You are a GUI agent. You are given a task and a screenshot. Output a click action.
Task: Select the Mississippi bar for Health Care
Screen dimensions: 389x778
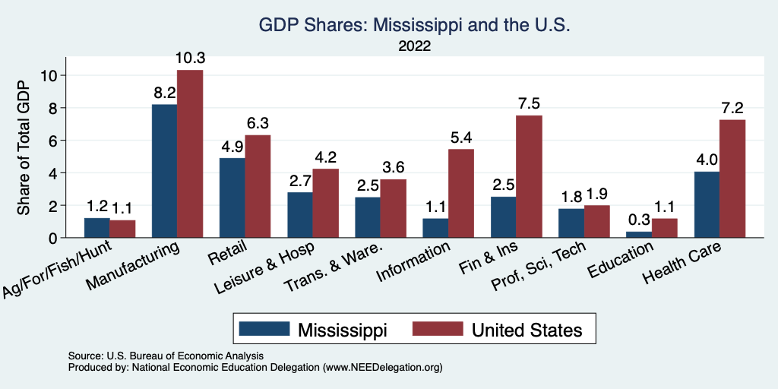(706, 204)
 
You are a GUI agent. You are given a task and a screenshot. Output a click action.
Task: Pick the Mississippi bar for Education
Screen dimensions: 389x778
(638, 235)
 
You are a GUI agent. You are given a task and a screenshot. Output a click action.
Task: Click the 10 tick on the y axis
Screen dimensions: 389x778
(50, 75)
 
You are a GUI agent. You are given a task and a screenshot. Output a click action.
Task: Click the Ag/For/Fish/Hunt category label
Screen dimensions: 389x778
(59, 278)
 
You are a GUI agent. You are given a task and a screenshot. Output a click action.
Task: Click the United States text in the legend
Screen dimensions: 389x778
(527, 330)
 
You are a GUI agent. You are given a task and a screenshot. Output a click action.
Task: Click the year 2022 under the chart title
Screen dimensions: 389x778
(414, 46)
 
